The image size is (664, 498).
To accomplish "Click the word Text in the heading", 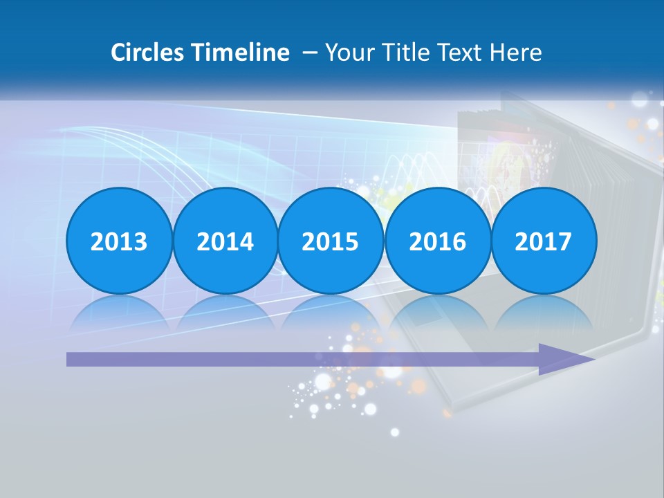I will [459, 53].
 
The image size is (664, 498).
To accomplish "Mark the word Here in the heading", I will [515, 53].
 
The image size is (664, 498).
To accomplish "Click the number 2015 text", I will [331, 242].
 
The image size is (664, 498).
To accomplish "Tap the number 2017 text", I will [544, 242].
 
